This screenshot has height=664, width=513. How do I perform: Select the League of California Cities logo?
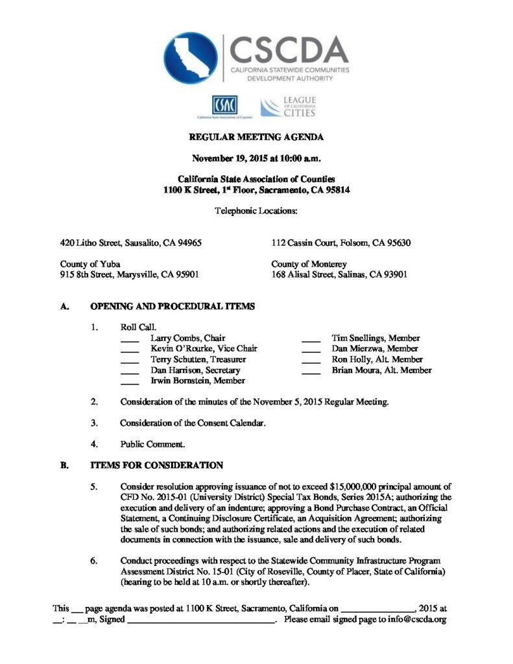[288, 107]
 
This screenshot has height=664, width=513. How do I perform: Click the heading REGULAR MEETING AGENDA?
[256, 137]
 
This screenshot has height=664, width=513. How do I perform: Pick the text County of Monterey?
[309, 264]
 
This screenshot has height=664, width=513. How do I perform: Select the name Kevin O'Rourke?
[175, 349]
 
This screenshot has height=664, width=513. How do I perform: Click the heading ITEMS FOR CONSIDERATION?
[156, 465]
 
